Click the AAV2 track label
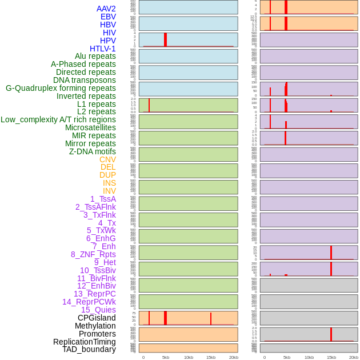click(106, 9)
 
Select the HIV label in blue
click(109, 33)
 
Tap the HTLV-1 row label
click(103, 49)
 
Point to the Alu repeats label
click(95, 56)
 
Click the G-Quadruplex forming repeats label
click(61, 88)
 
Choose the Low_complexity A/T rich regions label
click(58, 119)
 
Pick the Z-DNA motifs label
click(93, 151)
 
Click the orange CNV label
click(107, 159)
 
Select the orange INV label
click(109, 191)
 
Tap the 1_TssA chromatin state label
click(103, 199)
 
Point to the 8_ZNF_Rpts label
click(93, 254)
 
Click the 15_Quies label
click(98, 310)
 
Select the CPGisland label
click(97, 318)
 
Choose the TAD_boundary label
click(89, 349)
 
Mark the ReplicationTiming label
click(85, 342)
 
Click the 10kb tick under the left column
click(189, 357)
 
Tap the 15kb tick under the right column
click(331, 357)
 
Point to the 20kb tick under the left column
click(233, 357)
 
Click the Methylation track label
click(95, 326)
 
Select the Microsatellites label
click(90, 127)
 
